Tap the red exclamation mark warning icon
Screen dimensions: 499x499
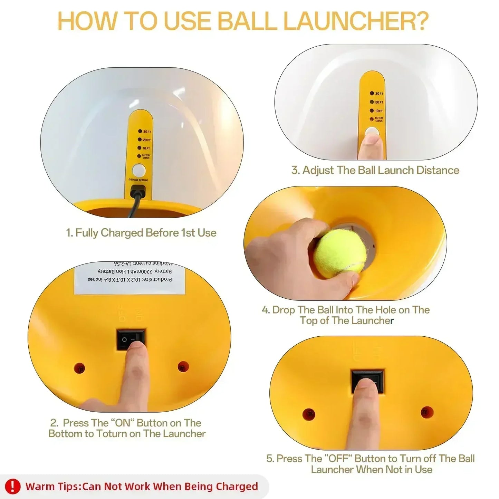pyautogui.click(x=13, y=486)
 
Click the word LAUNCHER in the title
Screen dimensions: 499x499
pyautogui.click(x=356, y=21)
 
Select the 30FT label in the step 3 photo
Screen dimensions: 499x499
pyautogui.click(x=379, y=94)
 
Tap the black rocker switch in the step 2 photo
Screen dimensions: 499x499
pyautogui.click(x=131, y=339)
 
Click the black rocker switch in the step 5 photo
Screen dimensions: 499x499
pyautogui.click(x=367, y=381)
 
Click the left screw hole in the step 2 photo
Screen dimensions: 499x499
pyautogui.click(x=79, y=367)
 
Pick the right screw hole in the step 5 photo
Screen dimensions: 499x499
pyautogui.click(x=427, y=412)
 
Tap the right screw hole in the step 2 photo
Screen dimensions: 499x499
pyautogui.click(x=183, y=366)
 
